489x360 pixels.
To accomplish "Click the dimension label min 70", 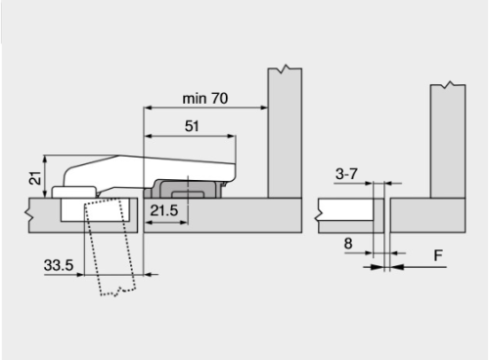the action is coord(205,99).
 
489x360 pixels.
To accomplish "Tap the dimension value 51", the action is coord(192,126).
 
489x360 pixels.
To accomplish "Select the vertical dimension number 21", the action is coord(35,178).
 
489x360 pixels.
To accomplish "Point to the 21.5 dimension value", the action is coord(164,210).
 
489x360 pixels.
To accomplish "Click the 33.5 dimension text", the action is coord(59,265).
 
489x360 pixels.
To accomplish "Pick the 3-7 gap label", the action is coord(346,174).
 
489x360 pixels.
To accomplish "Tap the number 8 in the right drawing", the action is coord(348,244).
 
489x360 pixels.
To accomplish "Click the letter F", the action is coord(438,255).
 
